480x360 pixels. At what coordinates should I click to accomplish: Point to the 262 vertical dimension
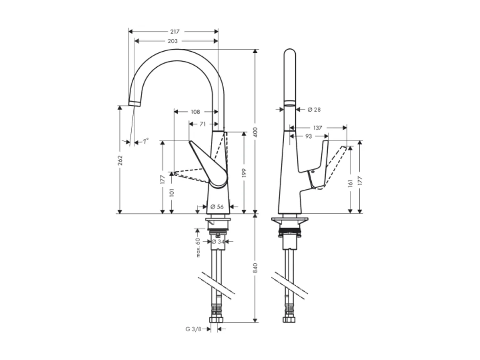click(x=120, y=160)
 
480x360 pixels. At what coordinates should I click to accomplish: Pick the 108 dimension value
click(x=195, y=112)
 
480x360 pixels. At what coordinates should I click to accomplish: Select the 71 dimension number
click(x=203, y=124)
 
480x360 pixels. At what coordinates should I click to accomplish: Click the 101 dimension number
click(x=171, y=193)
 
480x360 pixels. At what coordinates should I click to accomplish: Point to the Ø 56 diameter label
click(x=217, y=207)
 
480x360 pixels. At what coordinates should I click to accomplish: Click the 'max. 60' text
click(x=199, y=247)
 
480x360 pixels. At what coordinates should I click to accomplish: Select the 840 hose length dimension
click(x=256, y=268)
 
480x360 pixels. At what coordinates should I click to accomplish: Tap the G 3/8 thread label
click(x=193, y=329)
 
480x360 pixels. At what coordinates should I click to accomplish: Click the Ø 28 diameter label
click(x=314, y=110)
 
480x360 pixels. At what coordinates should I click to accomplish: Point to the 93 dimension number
click(x=309, y=136)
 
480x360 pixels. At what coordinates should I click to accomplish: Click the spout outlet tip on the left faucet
click(x=134, y=103)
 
